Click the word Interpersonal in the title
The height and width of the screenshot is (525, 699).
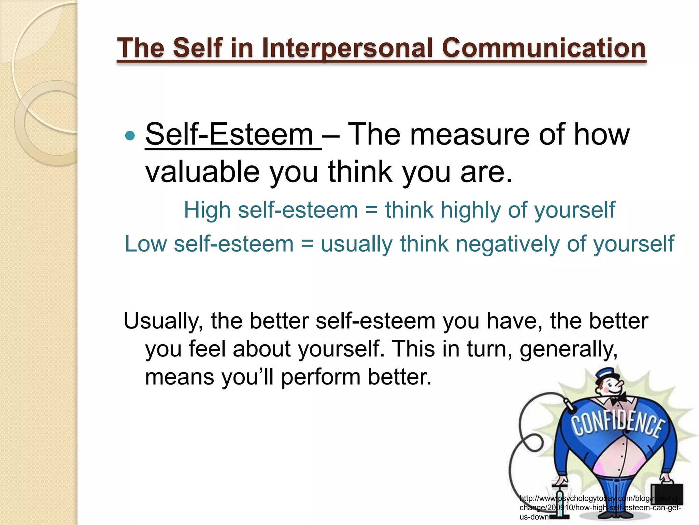(348, 48)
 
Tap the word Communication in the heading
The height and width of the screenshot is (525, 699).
(543, 48)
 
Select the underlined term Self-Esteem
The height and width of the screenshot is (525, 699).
(229, 135)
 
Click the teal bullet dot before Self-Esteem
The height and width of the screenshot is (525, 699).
(130, 136)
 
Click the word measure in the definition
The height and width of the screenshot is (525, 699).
(470, 135)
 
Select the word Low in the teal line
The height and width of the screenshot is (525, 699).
(146, 244)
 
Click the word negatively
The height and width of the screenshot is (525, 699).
(508, 244)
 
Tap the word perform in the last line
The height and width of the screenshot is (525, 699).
(320, 377)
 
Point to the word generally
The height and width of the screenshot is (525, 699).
(568, 349)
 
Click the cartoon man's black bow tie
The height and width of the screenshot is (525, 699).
(618, 398)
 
